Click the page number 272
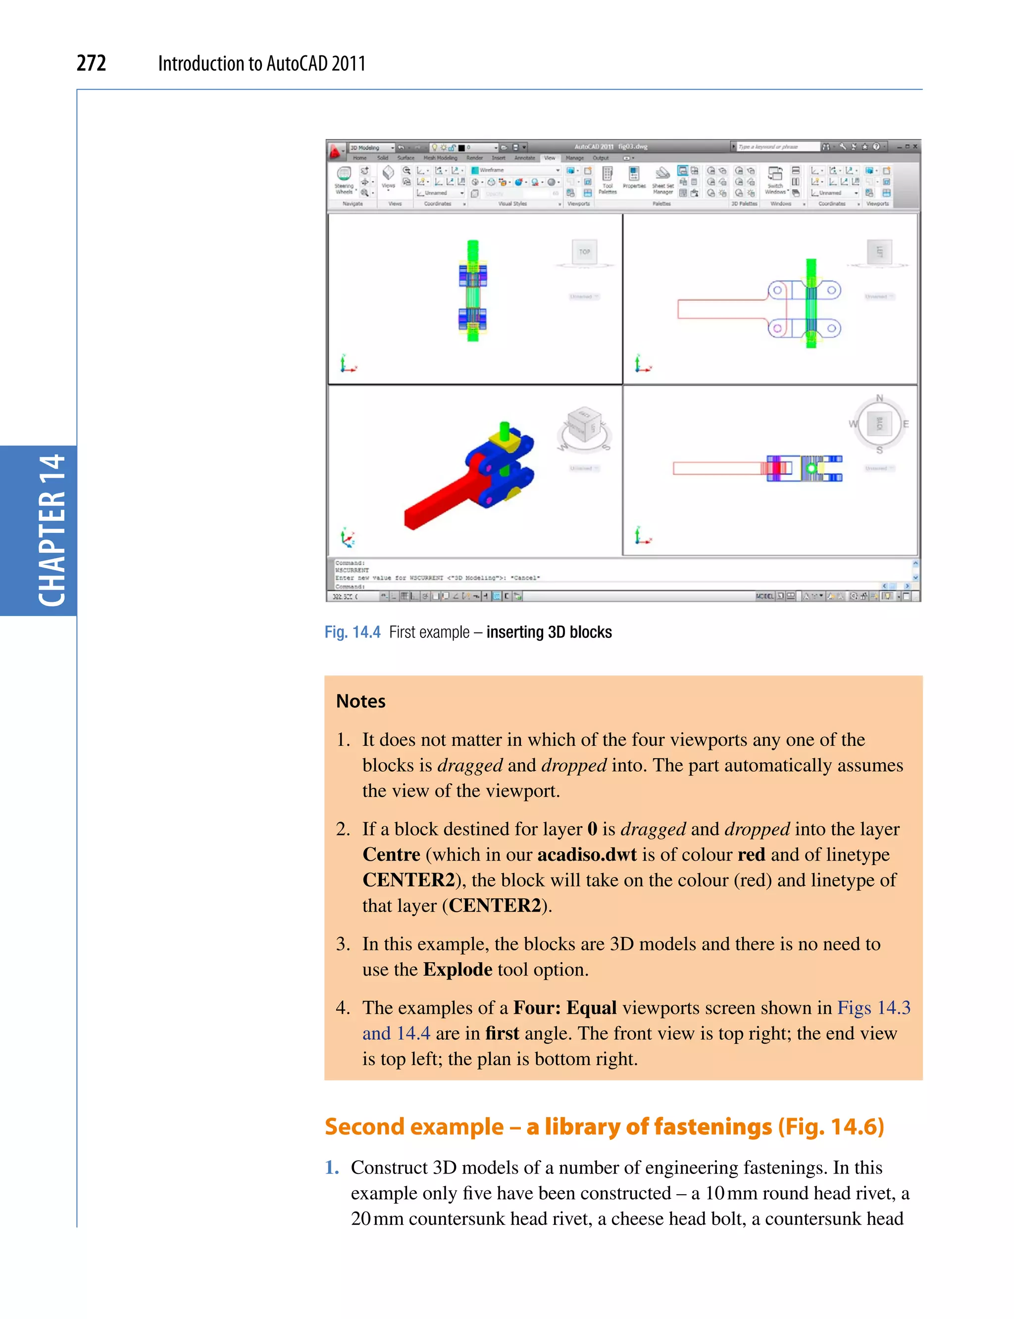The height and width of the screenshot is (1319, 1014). [91, 63]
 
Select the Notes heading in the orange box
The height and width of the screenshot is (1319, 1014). [360, 701]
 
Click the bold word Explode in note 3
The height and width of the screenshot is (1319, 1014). [457, 969]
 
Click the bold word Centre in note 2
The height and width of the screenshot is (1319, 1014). [391, 854]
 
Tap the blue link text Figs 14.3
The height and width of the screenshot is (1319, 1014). [873, 1008]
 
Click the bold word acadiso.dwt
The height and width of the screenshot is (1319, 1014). [587, 854]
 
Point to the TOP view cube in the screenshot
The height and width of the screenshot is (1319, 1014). [584, 251]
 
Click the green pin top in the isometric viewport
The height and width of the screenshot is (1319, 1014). [505, 427]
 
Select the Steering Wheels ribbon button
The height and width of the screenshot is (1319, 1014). [344, 180]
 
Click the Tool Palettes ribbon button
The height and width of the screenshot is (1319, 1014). [607, 180]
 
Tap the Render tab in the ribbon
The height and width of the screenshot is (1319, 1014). [474, 158]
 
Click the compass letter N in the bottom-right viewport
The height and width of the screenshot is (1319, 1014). [879, 398]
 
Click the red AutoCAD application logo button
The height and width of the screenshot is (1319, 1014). [336, 151]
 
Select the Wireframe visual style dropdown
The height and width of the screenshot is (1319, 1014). [515, 170]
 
